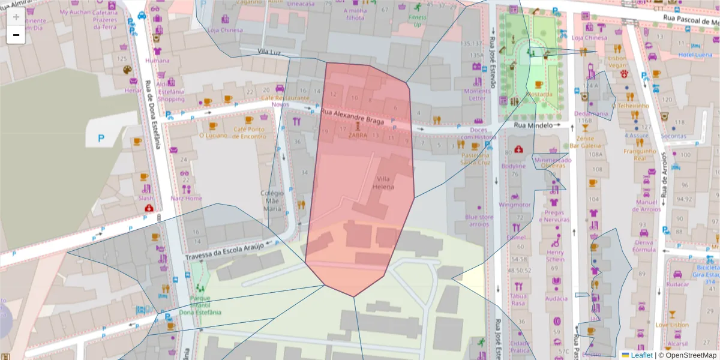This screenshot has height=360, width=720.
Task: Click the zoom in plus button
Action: click(x=16, y=17)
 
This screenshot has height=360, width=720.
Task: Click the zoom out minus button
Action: click(x=16, y=35)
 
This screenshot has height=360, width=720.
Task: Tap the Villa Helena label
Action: click(x=385, y=183)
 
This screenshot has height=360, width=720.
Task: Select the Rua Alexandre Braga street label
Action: click(x=352, y=115)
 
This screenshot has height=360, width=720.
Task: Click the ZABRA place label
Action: click(x=358, y=135)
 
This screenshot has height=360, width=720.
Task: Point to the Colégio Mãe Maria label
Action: click(x=271, y=201)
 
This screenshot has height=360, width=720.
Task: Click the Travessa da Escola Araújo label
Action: click(x=224, y=251)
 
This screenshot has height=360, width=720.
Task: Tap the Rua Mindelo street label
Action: click(x=532, y=125)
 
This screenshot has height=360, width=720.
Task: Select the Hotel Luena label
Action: click(x=695, y=55)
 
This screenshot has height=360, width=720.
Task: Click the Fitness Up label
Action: click(x=417, y=21)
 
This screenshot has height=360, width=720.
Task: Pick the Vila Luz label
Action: click(x=269, y=52)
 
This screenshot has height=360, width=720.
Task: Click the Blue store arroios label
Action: click(x=479, y=220)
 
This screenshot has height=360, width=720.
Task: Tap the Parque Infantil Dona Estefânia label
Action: click(x=200, y=305)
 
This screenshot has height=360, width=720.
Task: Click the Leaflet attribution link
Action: click(x=641, y=355)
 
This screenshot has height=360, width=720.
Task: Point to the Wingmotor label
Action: click(x=515, y=205)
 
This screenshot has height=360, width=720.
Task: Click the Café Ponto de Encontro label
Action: click(x=250, y=133)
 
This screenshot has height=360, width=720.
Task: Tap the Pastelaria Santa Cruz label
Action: click(x=475, y=158)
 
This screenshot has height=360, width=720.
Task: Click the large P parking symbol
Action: click(x=101, y=139)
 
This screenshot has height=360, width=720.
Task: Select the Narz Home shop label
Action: click(x=186, y=198)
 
